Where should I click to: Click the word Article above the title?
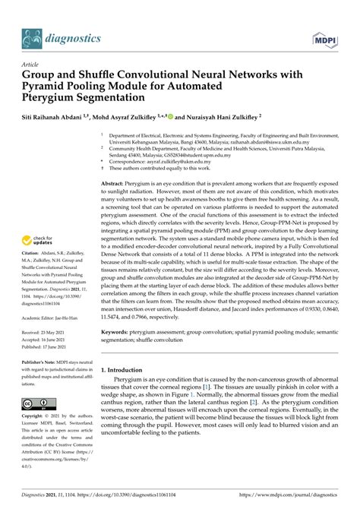[x=31, y=65]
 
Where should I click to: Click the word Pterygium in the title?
[x=55, y=100]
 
